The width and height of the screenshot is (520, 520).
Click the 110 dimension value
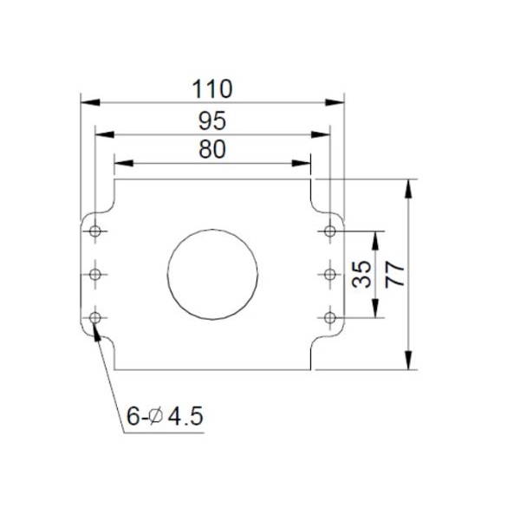[x=212, y=88]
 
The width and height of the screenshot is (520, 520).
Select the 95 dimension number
[x=212, y=120]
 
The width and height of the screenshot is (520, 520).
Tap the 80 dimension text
[x=212, y=149]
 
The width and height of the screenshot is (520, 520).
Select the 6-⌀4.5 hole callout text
[x=164, y=416]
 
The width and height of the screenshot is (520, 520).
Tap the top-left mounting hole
[x=94, y=231]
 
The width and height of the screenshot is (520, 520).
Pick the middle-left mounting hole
[x=94, y=275]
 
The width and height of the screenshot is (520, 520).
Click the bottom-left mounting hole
[x=94, y=318]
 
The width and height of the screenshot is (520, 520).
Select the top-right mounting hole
[x=330, y=231]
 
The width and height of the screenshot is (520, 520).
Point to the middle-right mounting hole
[x=330, y=275]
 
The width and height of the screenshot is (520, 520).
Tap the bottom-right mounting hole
[x=330, y=318]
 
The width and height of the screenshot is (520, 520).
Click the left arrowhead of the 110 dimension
[x=88, y=101]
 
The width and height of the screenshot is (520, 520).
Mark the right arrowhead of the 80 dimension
[x=304, y=162]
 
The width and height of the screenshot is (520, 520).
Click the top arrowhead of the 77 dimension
[x=408, y=185]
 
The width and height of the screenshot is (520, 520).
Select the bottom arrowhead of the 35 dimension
[x=375, y=313]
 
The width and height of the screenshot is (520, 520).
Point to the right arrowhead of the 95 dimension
[x=324, y=133]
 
